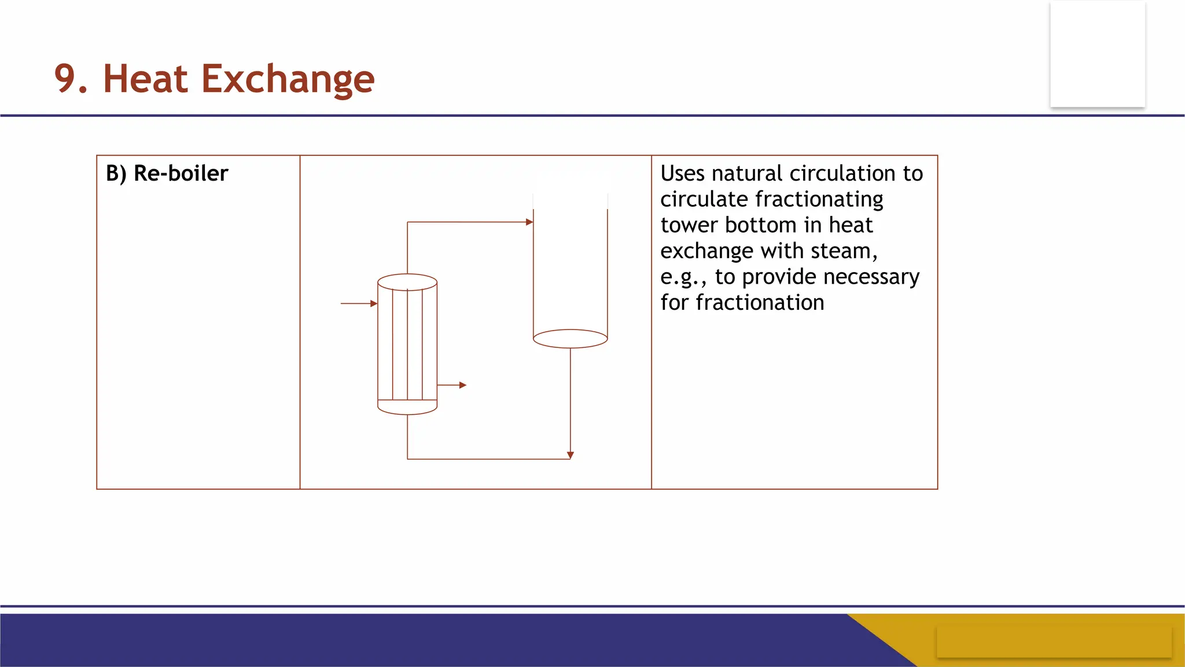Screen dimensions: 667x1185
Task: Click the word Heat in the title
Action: [x=145, y=79]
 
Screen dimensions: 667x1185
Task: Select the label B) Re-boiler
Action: [x=167, y=173]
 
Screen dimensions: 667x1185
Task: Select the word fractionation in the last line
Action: [x=759, y=303]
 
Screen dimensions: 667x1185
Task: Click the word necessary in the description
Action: [x=871, y=277]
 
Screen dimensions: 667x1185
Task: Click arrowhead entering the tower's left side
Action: [x=529, y=222]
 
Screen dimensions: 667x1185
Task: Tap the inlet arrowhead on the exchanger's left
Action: [x=374, y=303]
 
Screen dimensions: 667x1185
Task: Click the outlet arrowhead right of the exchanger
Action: [x=463, y=385]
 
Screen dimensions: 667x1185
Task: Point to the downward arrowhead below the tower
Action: [x=571, y=455]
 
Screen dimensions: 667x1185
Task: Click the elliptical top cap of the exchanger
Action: [x=407, y=282]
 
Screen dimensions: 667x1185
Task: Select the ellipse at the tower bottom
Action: [x=570, y=339]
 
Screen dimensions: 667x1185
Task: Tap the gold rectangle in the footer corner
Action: [x=1054, y=641]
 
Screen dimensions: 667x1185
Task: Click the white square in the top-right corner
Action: [x=1097, y=54]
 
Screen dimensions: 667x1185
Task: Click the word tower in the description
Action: [x=689, y=225]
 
